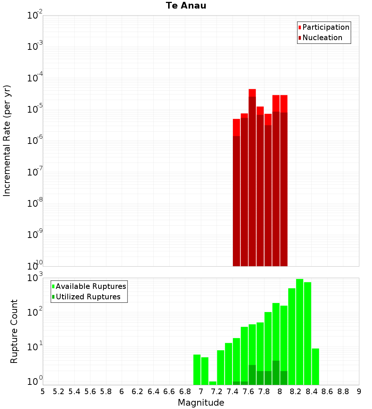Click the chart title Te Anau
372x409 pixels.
186,6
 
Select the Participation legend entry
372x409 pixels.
324,27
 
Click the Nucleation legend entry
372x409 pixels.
320,38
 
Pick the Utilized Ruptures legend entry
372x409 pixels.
86,297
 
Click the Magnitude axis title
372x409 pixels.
201,402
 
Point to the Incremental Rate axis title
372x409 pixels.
7,141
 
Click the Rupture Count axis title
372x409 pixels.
14,331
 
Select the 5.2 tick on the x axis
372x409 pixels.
58,392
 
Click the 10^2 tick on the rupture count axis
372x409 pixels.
35,312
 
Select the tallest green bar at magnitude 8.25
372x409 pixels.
300,332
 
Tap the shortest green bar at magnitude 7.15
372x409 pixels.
213,383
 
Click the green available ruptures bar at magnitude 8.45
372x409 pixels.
315,367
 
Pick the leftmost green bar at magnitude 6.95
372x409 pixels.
197,370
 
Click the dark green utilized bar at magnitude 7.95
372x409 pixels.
276,373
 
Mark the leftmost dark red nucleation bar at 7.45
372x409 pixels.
236,201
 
